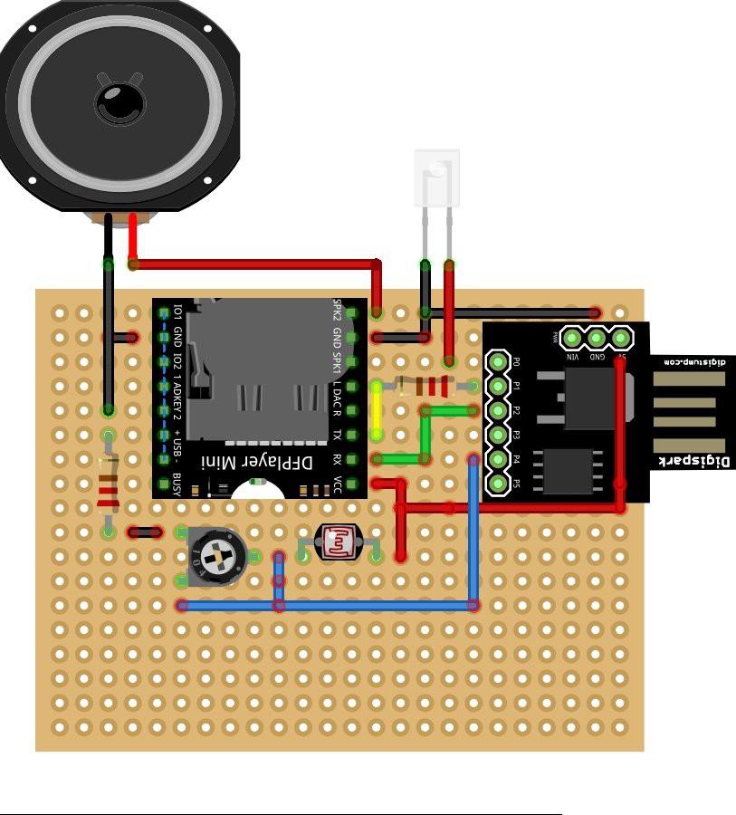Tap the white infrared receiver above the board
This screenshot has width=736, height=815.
click(436, 177)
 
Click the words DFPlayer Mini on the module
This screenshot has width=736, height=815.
click(268, 462)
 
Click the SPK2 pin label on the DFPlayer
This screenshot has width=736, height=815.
click(338, 311)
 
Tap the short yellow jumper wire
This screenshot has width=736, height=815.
click(377, 410)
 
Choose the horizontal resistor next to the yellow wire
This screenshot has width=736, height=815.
click(425, 387)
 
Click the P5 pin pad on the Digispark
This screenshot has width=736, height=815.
click(497, 483)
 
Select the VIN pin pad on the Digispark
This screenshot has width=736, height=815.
click(571, 339)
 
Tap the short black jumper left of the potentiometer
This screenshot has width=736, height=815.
click(144, 532)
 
